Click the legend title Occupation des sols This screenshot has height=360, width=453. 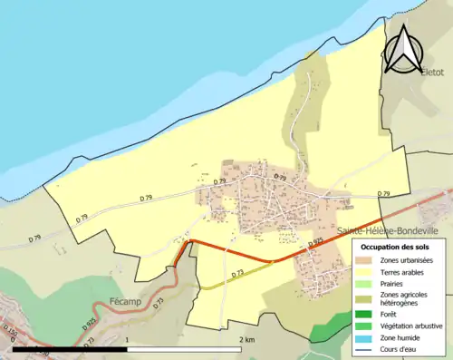[399, 248]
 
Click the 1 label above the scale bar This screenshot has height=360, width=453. [128, 339]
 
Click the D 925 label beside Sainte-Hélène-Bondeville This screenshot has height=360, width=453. [315, 242]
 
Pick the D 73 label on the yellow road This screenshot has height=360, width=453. [237, 273]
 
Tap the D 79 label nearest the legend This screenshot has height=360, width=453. [383, 194]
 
